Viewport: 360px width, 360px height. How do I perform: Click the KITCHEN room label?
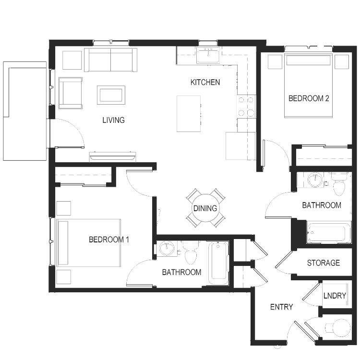click(205, 82)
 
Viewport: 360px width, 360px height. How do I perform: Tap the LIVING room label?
click(113, 120)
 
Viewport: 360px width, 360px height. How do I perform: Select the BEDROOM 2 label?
click(309, 98)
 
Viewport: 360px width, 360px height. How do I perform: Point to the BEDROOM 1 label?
click(108, 240)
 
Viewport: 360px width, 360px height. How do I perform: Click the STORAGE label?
click(323, 263)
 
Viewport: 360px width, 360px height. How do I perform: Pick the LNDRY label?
click(335, 296)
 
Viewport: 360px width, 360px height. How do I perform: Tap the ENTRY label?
click(281, 307)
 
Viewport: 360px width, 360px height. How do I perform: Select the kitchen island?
click(189, 114)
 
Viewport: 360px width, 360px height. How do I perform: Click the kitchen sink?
click(208, 55)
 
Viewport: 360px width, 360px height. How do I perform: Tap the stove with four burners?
click(246, 106)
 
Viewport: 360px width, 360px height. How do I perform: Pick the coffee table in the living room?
click(111, 95)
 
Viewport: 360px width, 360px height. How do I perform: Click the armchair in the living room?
click(71, 93)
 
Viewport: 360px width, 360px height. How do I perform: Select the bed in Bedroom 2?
click(308, 85)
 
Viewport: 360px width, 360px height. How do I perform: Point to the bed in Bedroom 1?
click(89, 243)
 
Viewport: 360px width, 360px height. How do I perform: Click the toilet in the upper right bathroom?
click(339, 184)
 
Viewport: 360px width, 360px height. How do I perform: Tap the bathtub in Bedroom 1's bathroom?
click(218, 263)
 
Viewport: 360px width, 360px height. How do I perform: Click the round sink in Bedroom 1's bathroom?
click(167, 249)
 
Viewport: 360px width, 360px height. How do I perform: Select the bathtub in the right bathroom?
click(328, 232)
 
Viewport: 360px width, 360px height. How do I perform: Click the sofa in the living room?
click(111, 60)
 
